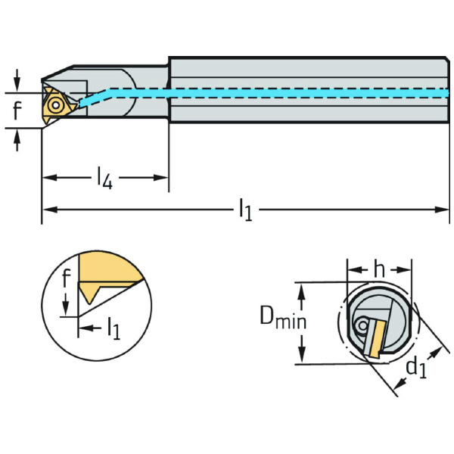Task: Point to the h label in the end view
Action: pyautogui.click(x=379, y=269)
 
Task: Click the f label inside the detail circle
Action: pyautogui.click(x=67, y=279)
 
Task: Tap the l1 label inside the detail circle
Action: pyautogui.click(x=113, y=328)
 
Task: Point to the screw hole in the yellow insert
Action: pyautogui.click(x=54, y=104)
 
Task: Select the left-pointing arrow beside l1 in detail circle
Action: pyautogui.click(x=83, y=328)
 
